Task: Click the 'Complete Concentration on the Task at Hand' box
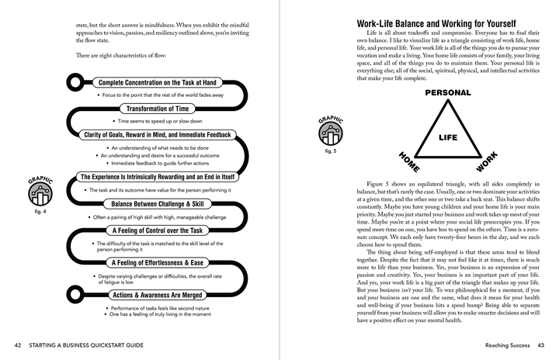coord(158,82)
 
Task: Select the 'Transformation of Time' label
coord(158,109)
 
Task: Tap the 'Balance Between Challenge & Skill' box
coord(158,204)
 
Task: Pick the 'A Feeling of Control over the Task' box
coord(158,230)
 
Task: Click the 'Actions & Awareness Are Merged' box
coord(158,296)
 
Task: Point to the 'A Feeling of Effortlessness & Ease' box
coord(158,263)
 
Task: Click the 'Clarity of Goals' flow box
coord(158,135)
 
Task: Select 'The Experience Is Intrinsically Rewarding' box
coord(158,178)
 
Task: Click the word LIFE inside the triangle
coord(448,137)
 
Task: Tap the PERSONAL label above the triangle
coord(448,92)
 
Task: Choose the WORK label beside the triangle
coord(486,162)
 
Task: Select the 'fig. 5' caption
coord(330,151)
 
